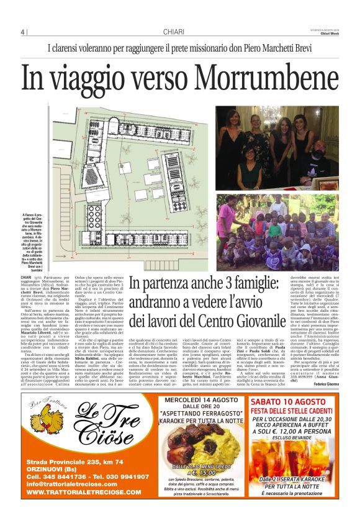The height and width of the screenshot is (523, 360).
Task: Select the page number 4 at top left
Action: click(x=22, y=32)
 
